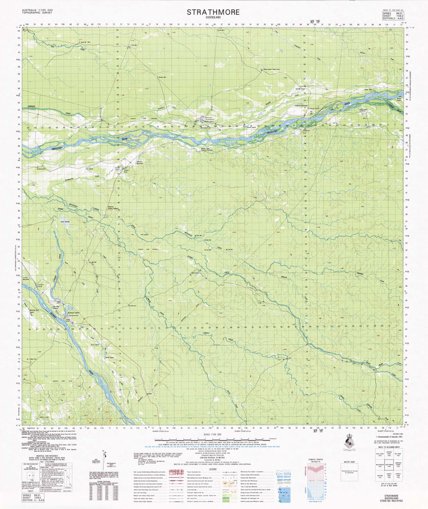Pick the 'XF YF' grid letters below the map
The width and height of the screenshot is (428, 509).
point(316,431)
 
